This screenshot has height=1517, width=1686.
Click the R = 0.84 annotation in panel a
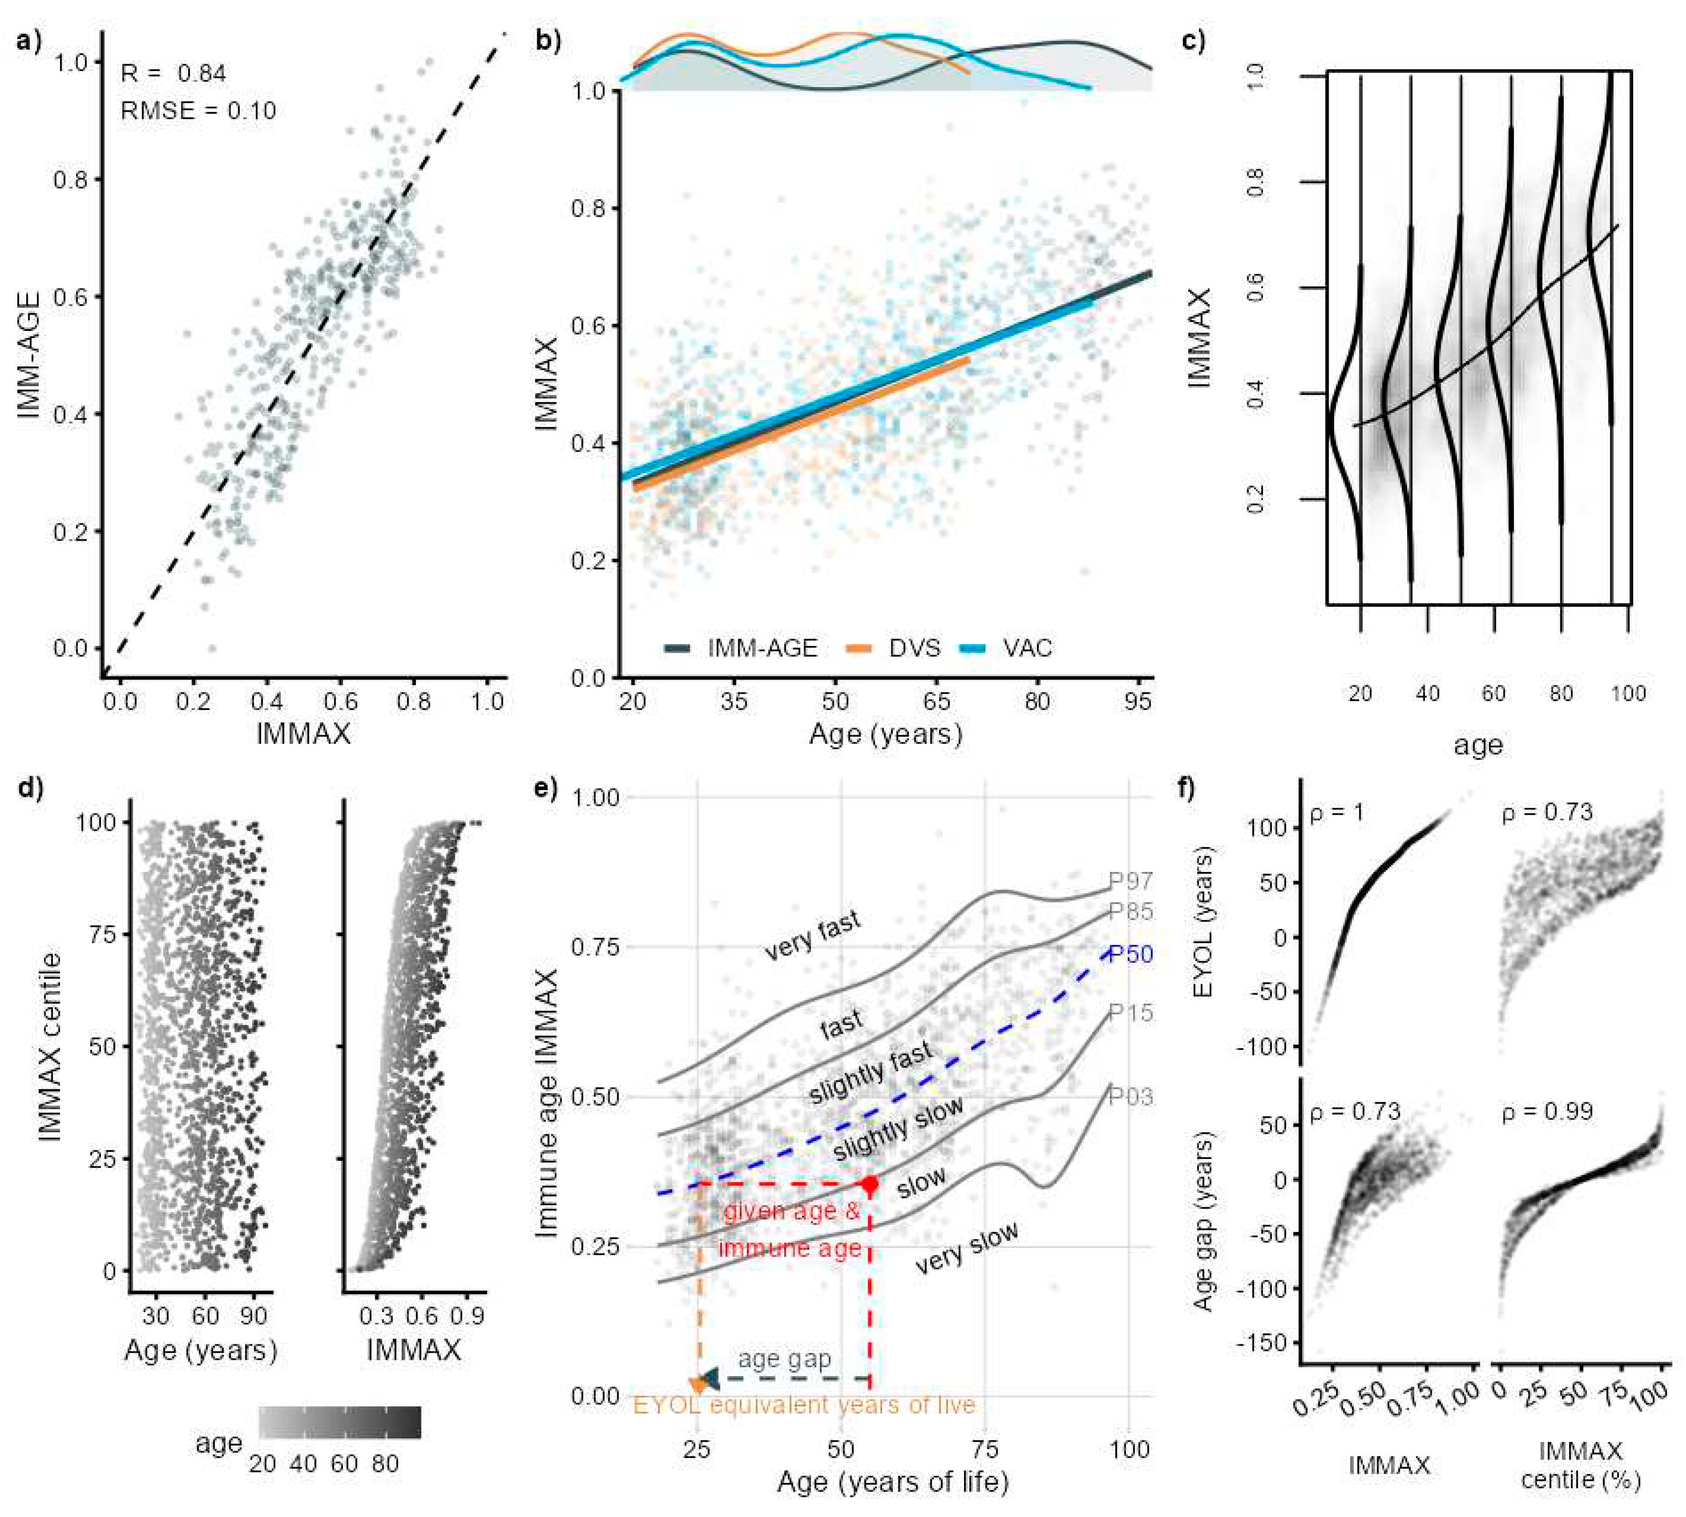[173, 74]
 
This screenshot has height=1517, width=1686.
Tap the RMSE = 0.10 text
[198, 111]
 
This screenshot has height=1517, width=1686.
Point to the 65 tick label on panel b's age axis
[937, 701]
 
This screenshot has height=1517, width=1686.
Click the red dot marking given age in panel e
[870, 1184]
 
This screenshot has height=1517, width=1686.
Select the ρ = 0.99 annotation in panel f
[1547, 1112]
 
